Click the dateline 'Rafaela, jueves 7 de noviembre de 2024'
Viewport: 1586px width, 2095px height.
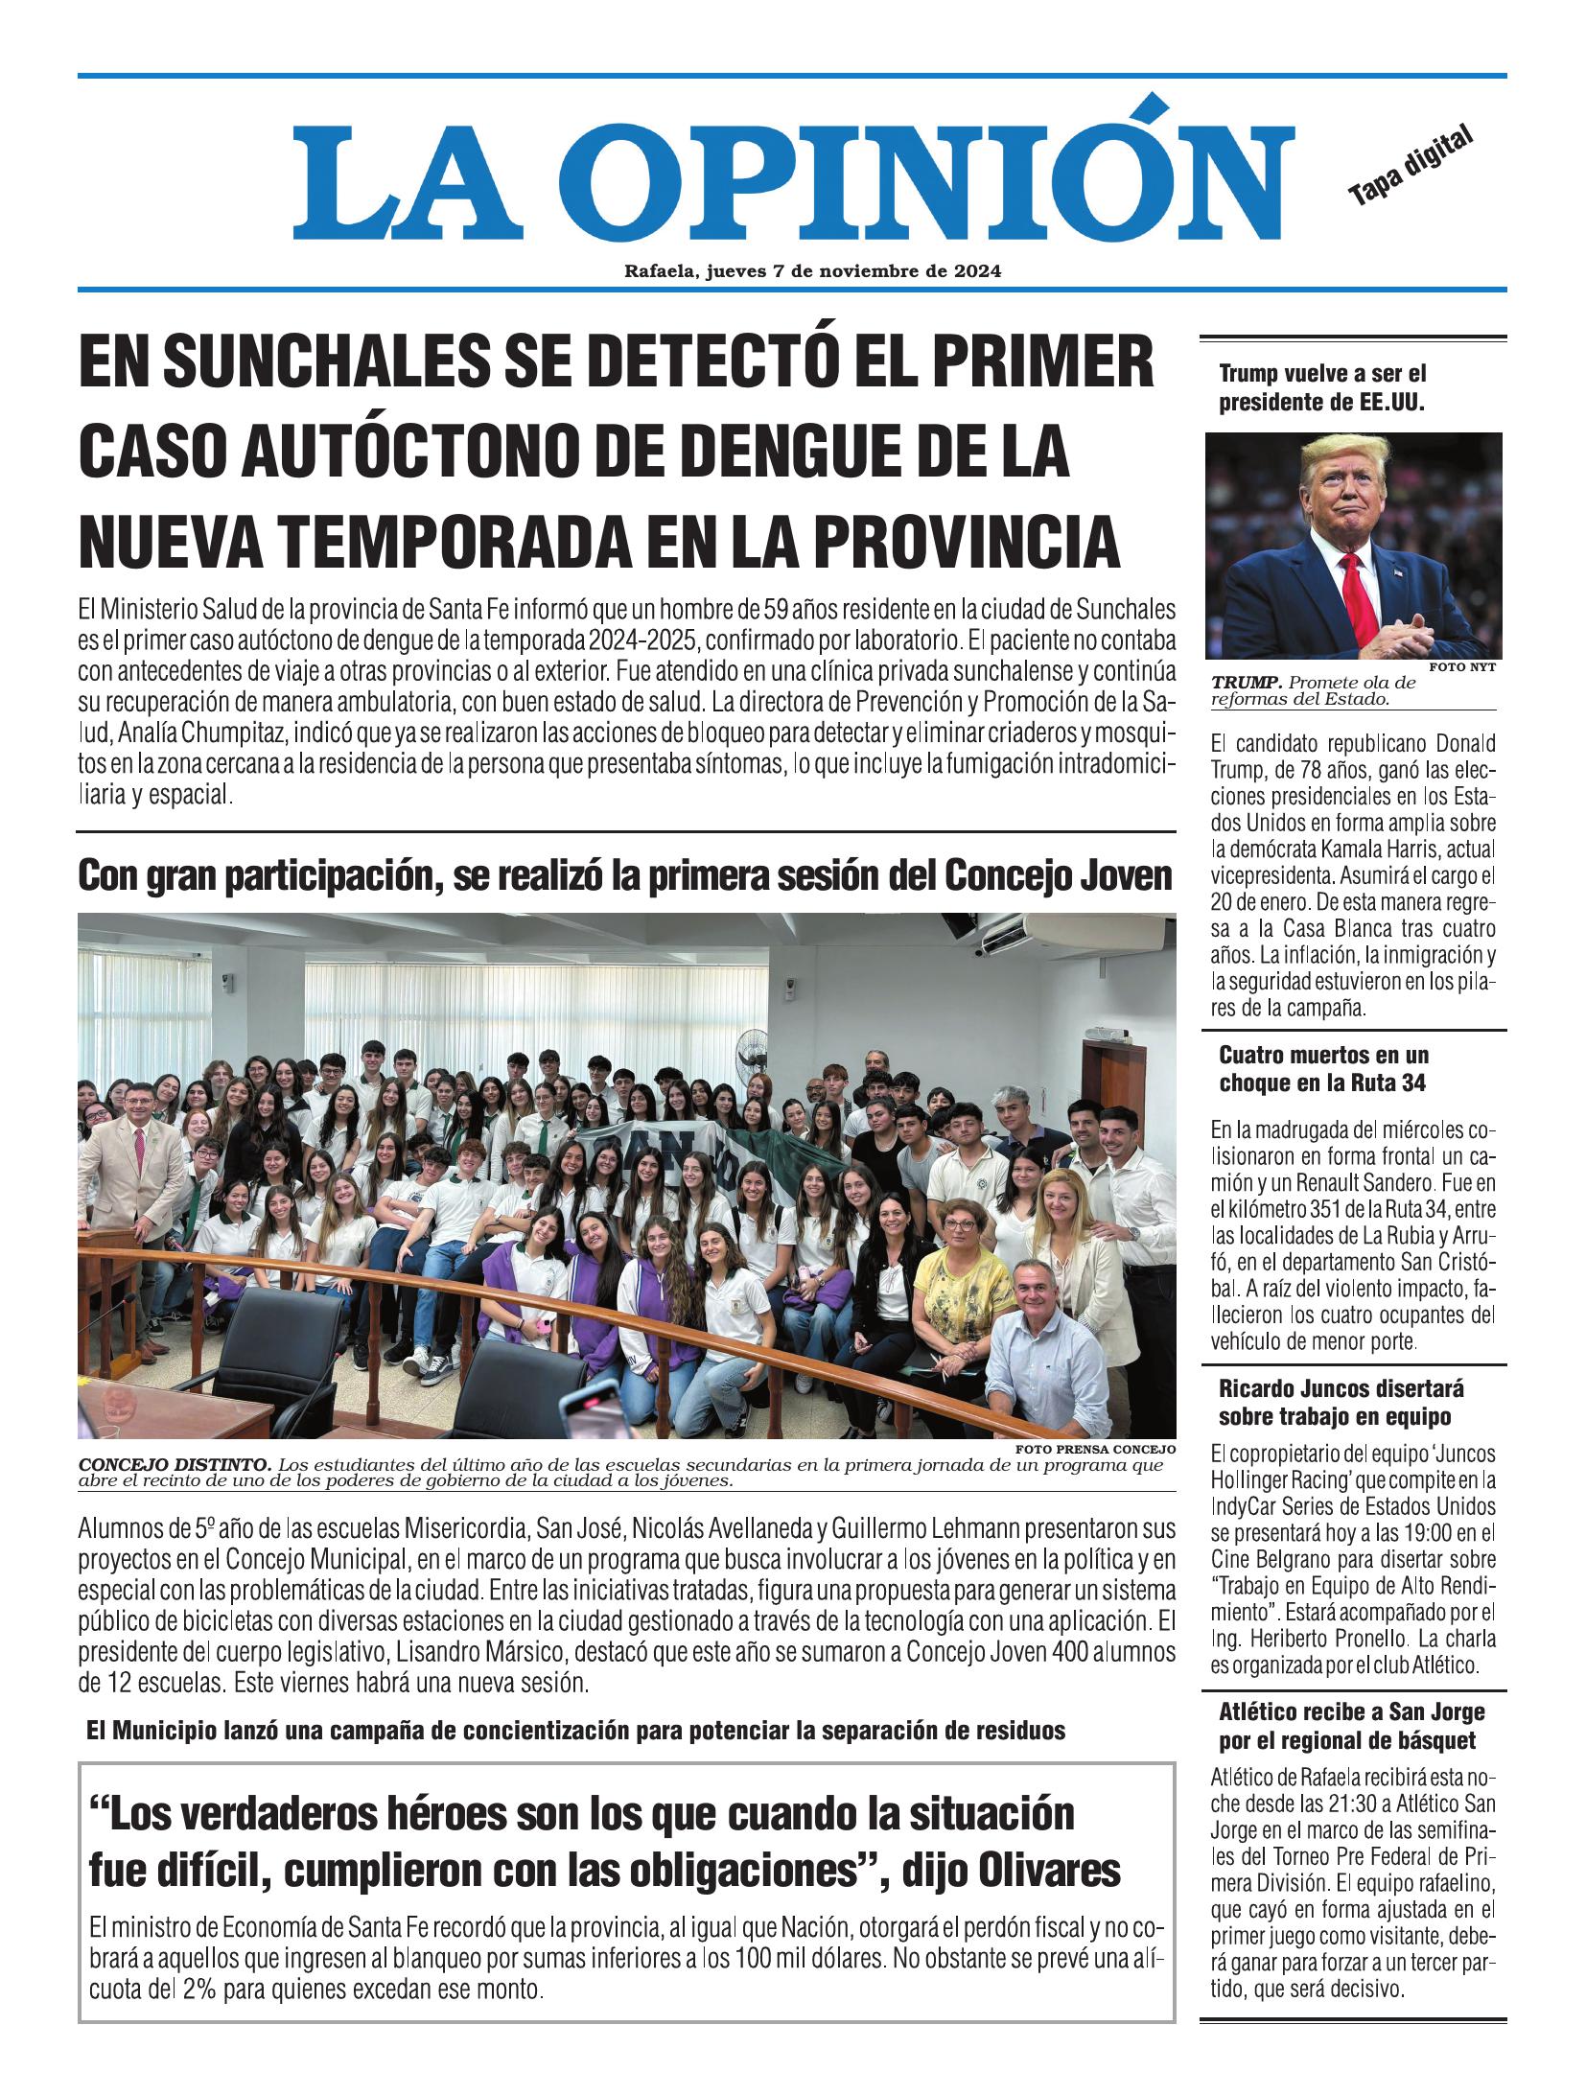[x=812, y=271]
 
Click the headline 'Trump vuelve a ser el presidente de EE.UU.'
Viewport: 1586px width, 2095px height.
[x=1322, y=388]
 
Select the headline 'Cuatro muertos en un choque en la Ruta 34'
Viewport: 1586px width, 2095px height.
[x=1323, y=1069]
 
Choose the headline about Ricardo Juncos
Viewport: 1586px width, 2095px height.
[x=1341, y=1403]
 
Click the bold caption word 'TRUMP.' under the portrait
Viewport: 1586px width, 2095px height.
[x=1246, y=684]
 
